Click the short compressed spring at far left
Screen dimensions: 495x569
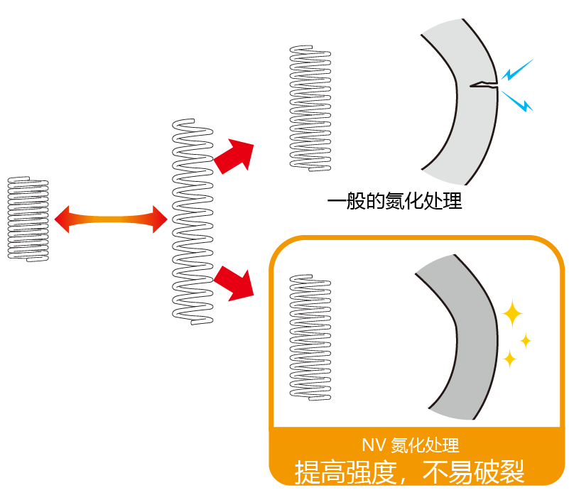click(x=28, y=218)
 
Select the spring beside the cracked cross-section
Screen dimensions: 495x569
click(x=310, y=107)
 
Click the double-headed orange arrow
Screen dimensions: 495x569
click(x=110, y=219)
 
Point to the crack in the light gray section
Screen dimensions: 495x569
click(x=482, y=85)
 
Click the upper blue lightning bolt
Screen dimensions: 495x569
click(x=516, y=70)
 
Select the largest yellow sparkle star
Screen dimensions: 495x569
click(x=511, y=312)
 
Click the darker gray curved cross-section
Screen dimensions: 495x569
click(x=462, y=334)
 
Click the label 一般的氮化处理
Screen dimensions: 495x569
click(x=394, y=202)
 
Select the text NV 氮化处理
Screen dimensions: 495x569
click(x=410, y=445)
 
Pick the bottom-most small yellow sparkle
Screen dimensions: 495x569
click(x=509, y=359)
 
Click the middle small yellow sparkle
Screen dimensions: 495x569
click(x=526, y=342)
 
